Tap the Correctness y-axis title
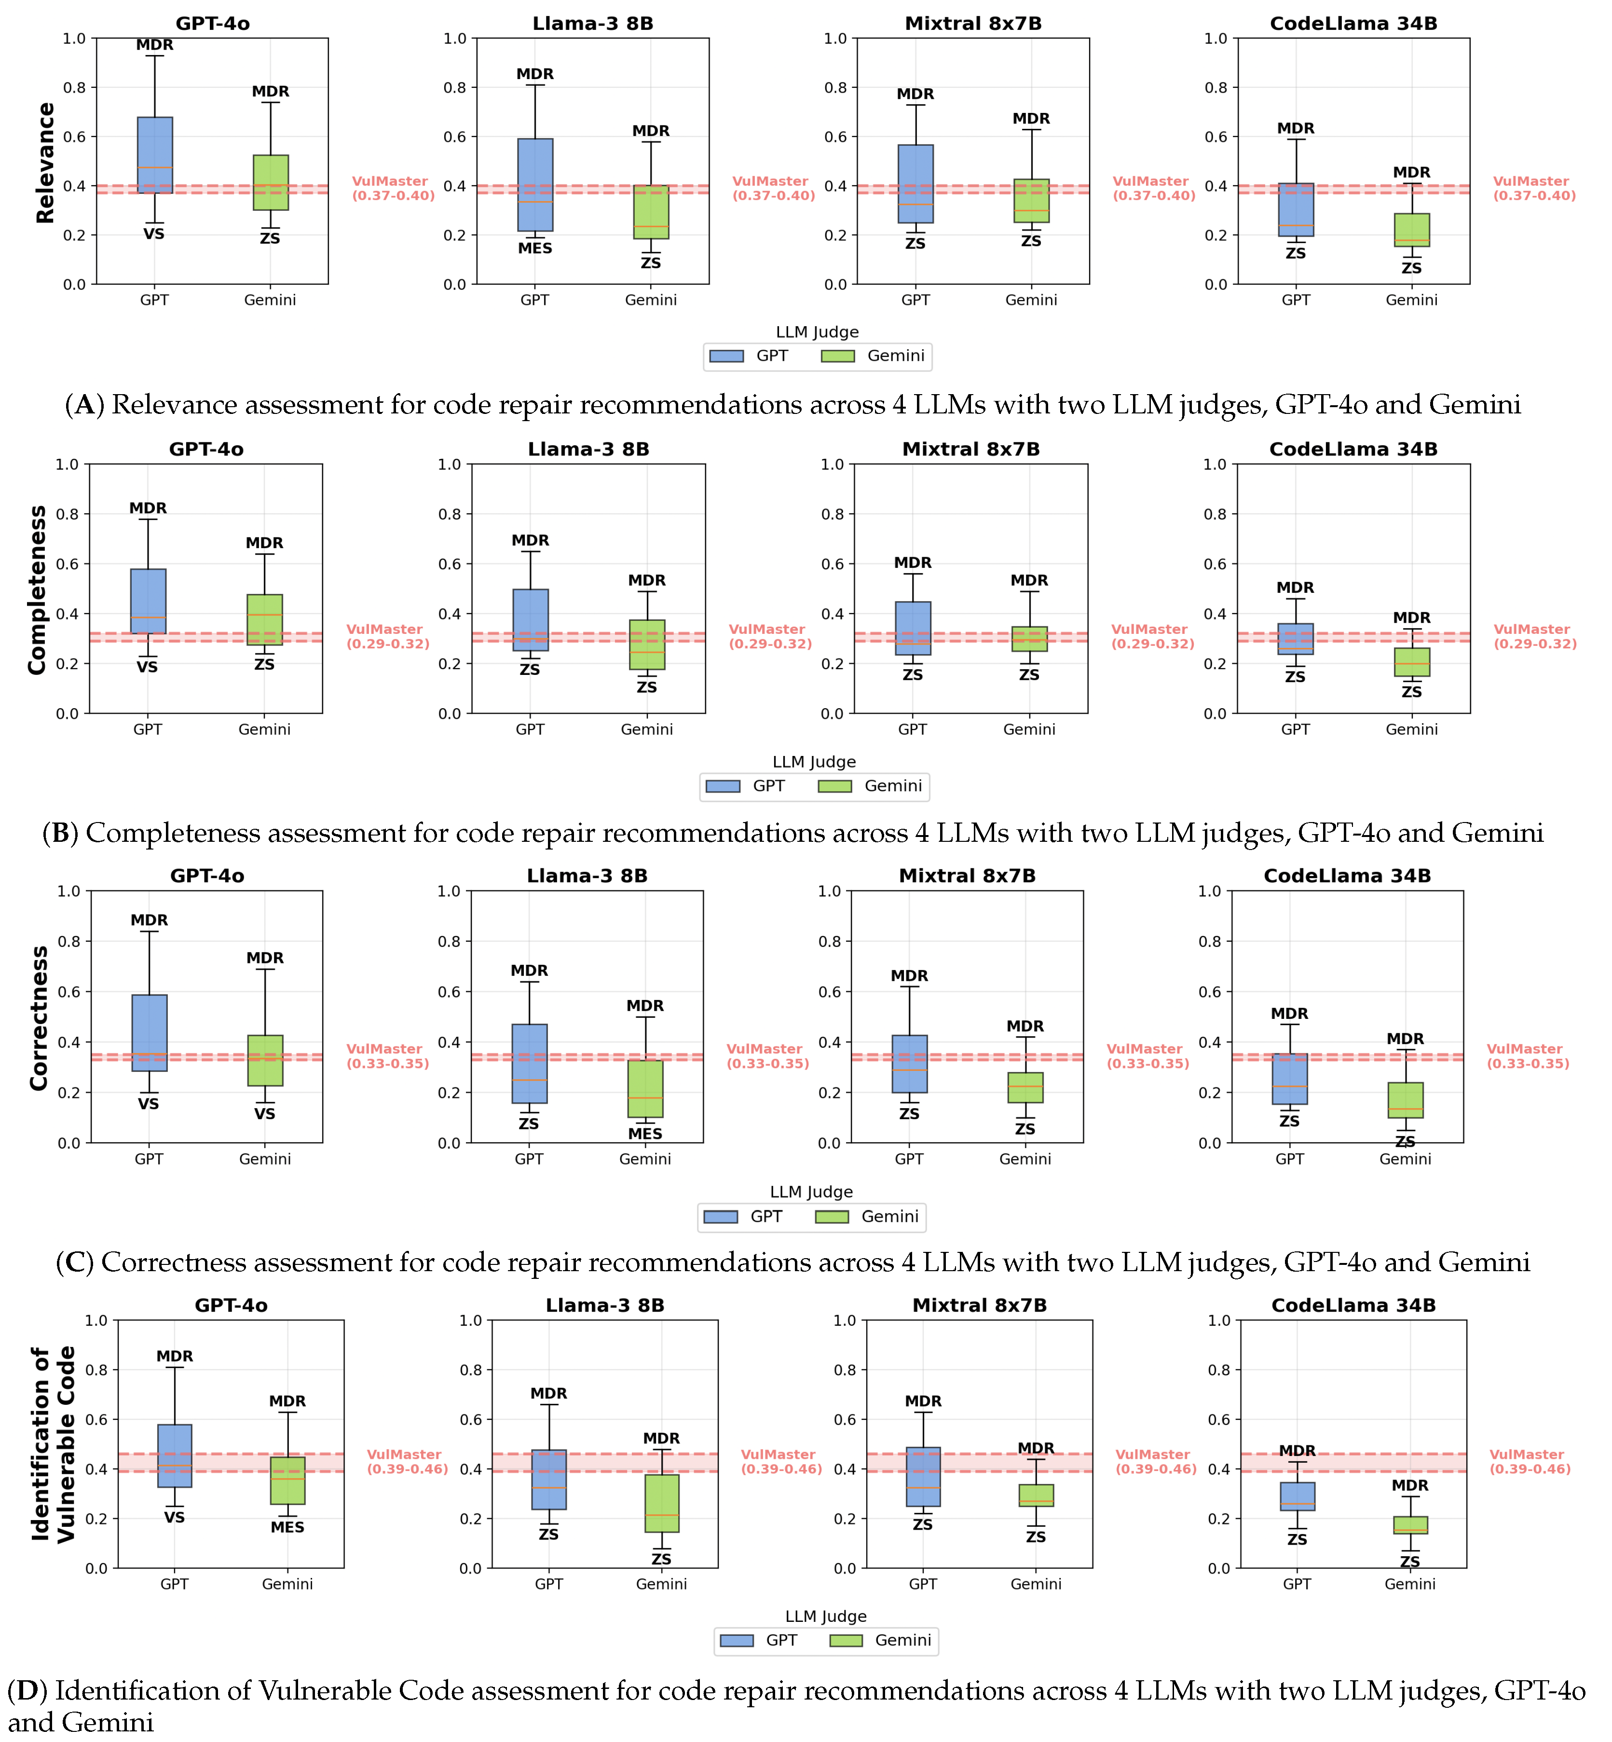pyautogui.click(x=39, y=1018)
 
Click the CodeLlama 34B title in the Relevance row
pyautogui.click(x=1353, y=24)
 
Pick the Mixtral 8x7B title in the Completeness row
pyautogui.click(x=971, y=449)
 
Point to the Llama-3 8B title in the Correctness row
pyautogui.click(x=587, y=876)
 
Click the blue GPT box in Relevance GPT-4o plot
pyautogui.click(x=154, y=155)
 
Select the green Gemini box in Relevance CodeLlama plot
pyautogui.click(x=1411, y=230)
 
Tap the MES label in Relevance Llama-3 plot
pyautogui.click(x=535, y=248)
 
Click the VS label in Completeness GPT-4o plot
pyautogui.click(x=148, y=667)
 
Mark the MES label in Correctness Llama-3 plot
pyautogui.click(x=645, y=1134)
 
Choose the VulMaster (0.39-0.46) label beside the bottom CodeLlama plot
pyautogui.click(x=1530, y=1462)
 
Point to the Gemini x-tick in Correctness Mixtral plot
pyautogui.click(x=1025, y=1159)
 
